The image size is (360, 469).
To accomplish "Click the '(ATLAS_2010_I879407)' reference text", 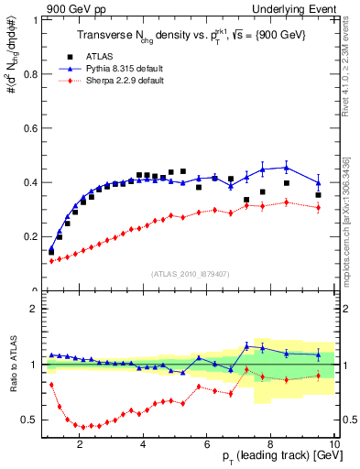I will [189, 273].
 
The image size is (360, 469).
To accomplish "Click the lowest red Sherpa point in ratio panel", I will [84, 427].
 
